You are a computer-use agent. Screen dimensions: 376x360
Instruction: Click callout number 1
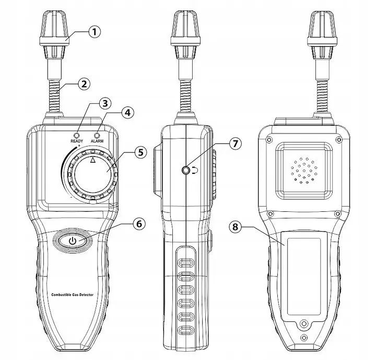pyautogui.click(x=95, y=32)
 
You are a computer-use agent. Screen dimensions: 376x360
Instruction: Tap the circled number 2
pyautogui.click(x=84, y=84)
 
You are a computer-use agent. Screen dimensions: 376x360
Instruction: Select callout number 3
pyautogui.click(x=105, y=103)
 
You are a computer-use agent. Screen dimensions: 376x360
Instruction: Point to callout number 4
pyautogui.click(x=128, y=112)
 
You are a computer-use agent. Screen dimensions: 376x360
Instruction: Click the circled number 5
pyautogui.click(x=140, y=152)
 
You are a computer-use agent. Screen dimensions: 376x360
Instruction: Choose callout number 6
pyautogui.click(x=139, y=224)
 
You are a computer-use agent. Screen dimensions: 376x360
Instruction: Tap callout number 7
pyautogui.click(x=235, y=143)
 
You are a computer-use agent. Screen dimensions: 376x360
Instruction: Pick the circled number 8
pyautogui.click(x=235, y=226)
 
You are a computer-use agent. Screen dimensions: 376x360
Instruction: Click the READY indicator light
pyautogui.click(x=77, y=135)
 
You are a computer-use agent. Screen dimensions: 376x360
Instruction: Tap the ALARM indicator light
pyautogui.click(x=97, y=135)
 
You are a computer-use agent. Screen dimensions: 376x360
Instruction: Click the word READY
pyautogui.click(x=77, y=141)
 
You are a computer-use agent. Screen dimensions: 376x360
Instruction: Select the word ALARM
pyautogui.click(x=97, y=141)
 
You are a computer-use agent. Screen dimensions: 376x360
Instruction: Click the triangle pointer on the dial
pyautogui.click(x=93, y=160)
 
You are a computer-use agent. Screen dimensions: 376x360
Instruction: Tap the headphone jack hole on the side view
pyautogui.click(x=185, y=170)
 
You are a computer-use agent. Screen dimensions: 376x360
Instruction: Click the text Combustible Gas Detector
pyautogui.click(x=73, y=295)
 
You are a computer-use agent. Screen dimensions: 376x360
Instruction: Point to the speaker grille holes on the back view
pyautogui.click(x=304, y=171)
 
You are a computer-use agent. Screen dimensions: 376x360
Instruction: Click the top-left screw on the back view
pyautogui.click(x=269, y=139)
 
